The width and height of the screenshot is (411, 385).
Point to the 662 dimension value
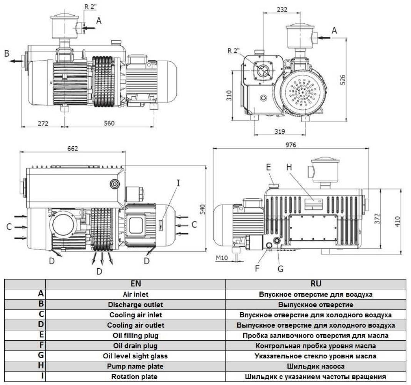click(x=72, y=149)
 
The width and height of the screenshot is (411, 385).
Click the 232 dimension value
click(x=282, y=9)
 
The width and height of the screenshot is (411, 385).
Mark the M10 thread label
click(x=222, y=258)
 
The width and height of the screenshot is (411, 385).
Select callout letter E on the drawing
click(x=268, y=167)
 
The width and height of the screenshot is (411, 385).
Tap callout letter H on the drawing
click(x=289, y=167)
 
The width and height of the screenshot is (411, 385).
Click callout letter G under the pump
click(x=281, y=269)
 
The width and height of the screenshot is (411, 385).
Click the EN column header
click(x=135, y=284)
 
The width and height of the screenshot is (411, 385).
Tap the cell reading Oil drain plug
click(x=135, y=346)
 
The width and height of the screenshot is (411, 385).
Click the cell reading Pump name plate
click(x=135, y=366)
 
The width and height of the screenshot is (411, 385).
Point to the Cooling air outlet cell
click(x=135, y=325)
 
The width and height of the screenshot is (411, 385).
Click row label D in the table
click(x=41, y=325)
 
